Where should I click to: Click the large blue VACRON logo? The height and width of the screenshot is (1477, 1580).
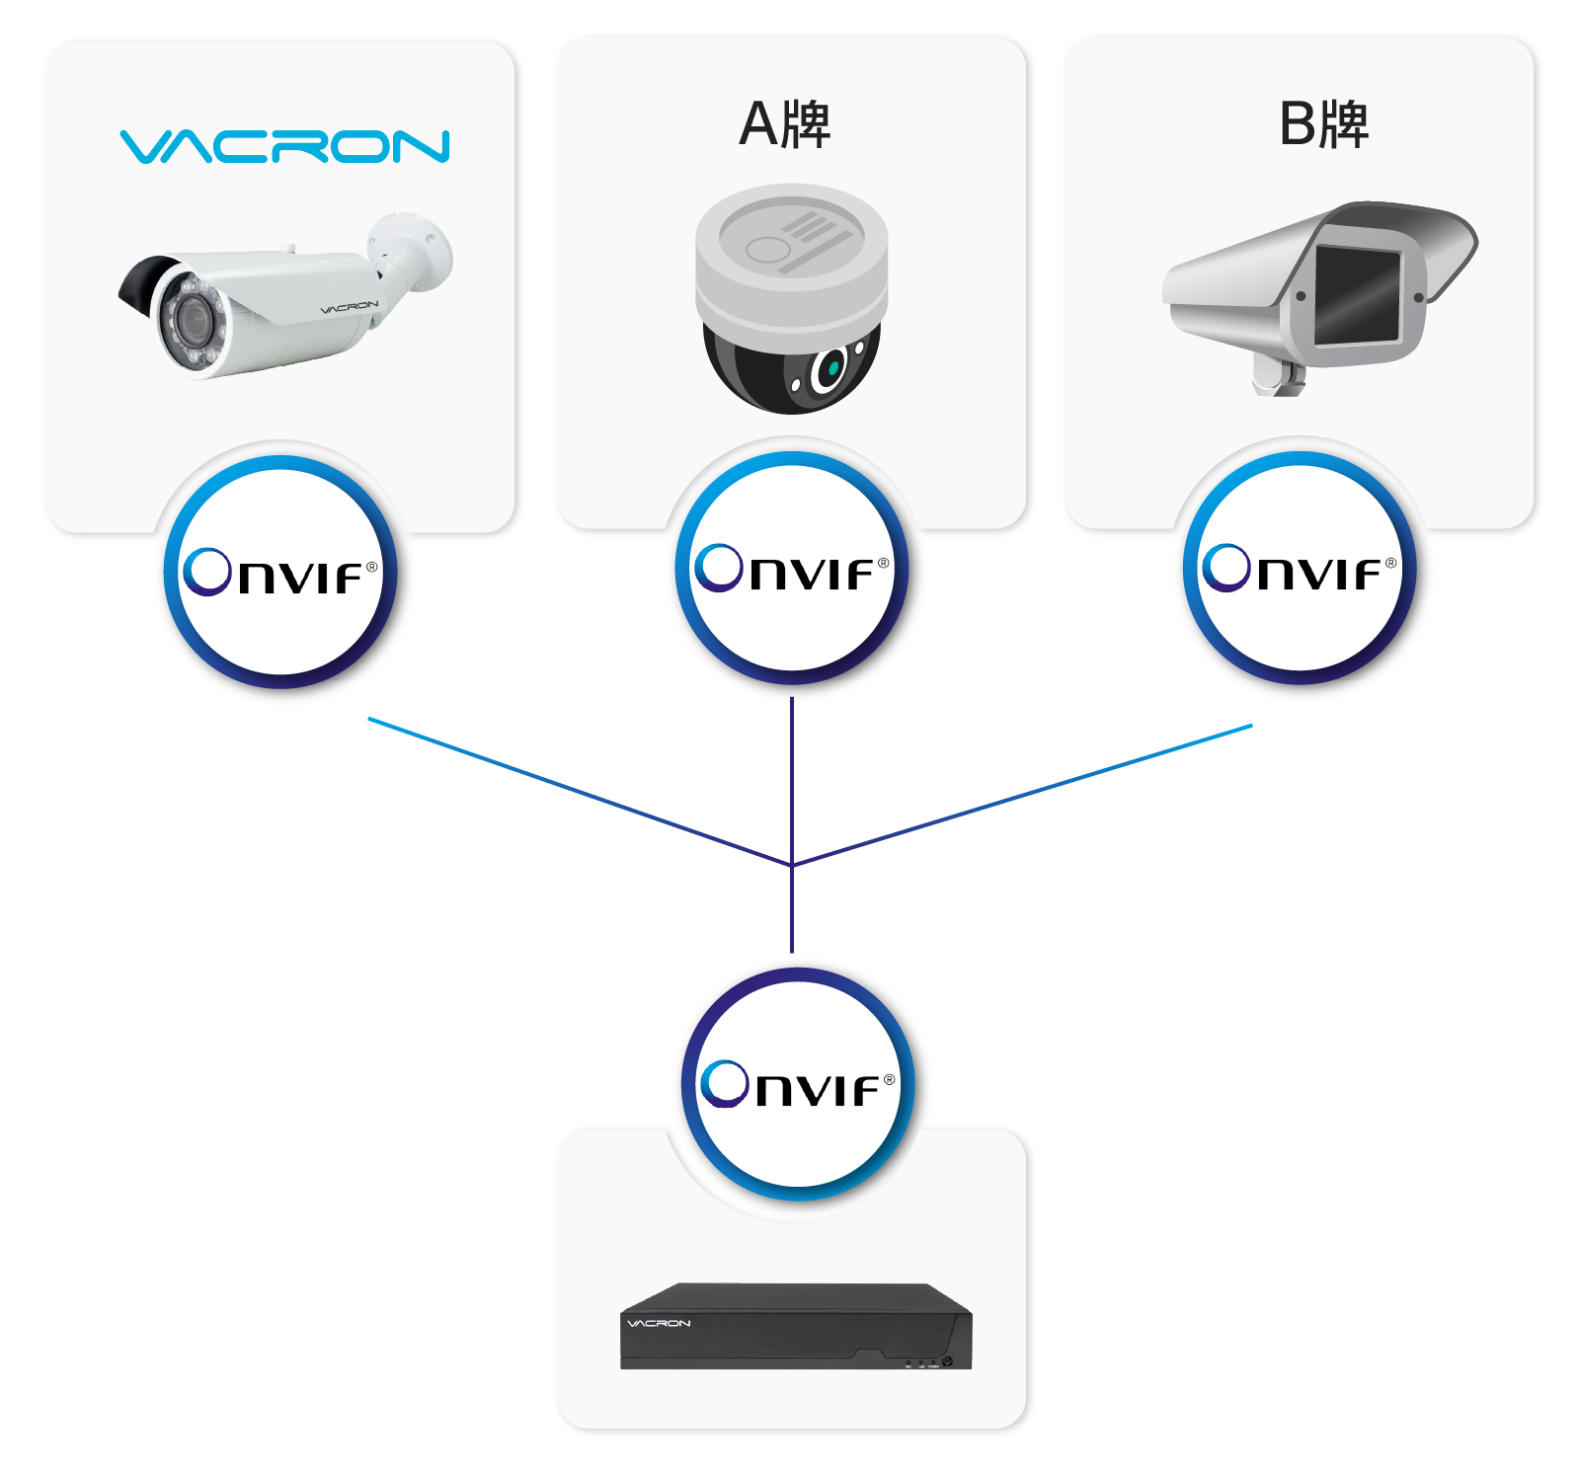pyautogui.click(x=284, y=146)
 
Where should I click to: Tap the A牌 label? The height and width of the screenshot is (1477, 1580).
pyautogui.click(x=785, y=124)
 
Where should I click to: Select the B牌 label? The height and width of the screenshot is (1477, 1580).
pyautogui.click(x=1323, y=124)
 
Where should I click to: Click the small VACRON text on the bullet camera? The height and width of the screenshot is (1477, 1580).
pyautogui.click(x=350, y=308)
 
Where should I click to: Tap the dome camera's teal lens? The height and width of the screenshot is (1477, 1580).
pyautogui.click(x=832, y=367)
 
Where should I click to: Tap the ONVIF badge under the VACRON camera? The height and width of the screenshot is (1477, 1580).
pyautogui.click(x=280, y=572)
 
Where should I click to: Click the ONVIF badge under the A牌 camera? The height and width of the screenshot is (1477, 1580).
pyautogui.click(x=792, y=568)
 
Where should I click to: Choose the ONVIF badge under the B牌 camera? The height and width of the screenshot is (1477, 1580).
pyautogui.click(x=1300, y=568)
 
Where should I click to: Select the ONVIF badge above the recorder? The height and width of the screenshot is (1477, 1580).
pyautogui.click(x=798, y=1084)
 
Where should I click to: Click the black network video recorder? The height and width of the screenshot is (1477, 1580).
pyautogui.click(x=796, y=1326)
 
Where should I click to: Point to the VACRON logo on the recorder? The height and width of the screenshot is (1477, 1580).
pyautogui.click(x=659, y=1323)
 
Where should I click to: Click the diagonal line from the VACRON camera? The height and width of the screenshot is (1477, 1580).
pyautogui.click(x=580, y=792)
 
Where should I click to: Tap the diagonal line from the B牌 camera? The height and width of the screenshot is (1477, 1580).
pyautogui.click(x=1022, y=795)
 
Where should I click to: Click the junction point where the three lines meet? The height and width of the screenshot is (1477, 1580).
pyautogui.click(x=792, y=865)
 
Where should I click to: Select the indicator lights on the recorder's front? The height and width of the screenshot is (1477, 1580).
pyautogui.click(x=920, y=1364)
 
